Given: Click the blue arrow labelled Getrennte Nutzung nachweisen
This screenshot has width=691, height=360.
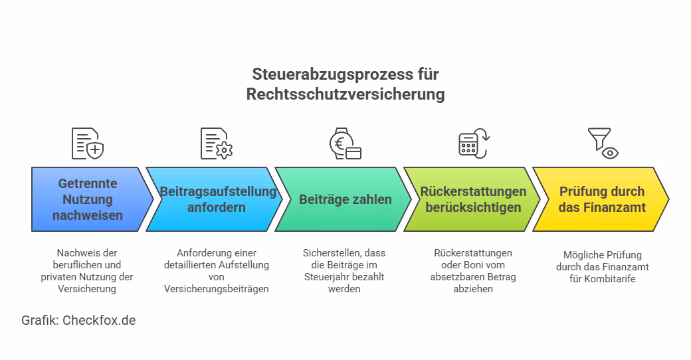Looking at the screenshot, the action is (x=86, y=199).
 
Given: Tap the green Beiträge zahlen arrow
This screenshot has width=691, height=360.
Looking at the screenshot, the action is (x=345, y=199).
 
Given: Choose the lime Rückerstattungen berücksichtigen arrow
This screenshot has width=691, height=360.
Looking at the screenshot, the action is (x=473, y=199).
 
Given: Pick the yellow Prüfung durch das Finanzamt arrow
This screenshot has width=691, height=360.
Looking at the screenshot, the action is (x=602, y=199).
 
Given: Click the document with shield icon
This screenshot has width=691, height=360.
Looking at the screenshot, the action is (x=88, y=143).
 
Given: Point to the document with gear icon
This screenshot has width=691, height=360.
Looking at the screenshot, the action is (x=217, y=143).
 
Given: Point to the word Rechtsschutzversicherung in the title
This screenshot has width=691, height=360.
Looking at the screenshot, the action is (x=345, y=94).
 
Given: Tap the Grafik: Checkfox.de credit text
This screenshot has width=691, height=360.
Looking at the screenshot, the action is (x=78, y=320).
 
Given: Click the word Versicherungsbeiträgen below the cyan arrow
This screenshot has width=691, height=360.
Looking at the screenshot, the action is (x=216, y=289).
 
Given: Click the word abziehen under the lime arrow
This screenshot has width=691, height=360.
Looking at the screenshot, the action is (x=473, y=289).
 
